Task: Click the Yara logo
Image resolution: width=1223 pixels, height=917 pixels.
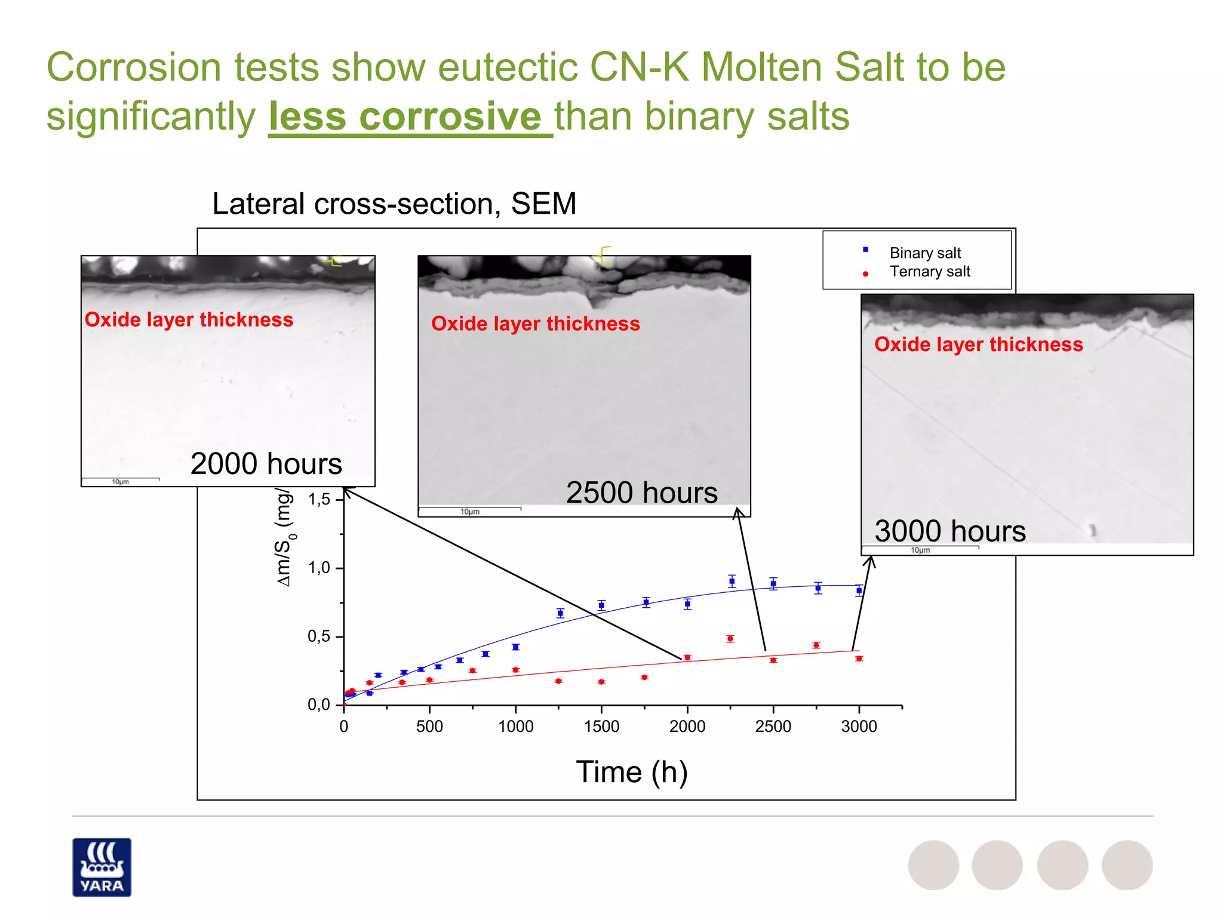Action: pos(102,867)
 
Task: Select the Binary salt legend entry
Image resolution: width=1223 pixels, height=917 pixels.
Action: pos(924,253)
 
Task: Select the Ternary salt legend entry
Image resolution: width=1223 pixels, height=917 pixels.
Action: pos(929,272)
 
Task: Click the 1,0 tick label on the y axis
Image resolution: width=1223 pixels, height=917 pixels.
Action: pos(319,568)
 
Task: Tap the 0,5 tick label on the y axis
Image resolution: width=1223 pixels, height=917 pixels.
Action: pos(319,636)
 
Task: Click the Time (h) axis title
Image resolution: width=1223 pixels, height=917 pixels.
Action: pos(632,772)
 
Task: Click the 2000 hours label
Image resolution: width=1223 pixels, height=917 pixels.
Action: pos(266,464)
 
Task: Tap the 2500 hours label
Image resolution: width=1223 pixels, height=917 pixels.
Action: pos(641,493)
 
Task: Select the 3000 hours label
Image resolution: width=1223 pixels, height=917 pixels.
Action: pos(949,531)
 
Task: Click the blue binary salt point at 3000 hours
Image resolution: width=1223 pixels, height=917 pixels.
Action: pos(859,590)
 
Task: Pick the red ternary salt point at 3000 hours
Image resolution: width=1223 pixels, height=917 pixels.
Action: pos(859,658)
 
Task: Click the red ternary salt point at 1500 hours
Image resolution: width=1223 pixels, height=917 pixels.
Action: pos(601,682)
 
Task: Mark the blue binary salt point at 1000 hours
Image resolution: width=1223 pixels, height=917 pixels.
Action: pos(515,647)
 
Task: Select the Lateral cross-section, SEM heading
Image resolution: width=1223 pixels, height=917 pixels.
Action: pos(394,204)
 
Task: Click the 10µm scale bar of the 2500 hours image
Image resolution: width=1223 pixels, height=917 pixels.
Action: pos(469,511)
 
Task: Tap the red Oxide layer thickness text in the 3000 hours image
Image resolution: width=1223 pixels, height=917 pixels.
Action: pos(978,344)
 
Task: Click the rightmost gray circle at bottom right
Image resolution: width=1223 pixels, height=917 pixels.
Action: pos(1127,865)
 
